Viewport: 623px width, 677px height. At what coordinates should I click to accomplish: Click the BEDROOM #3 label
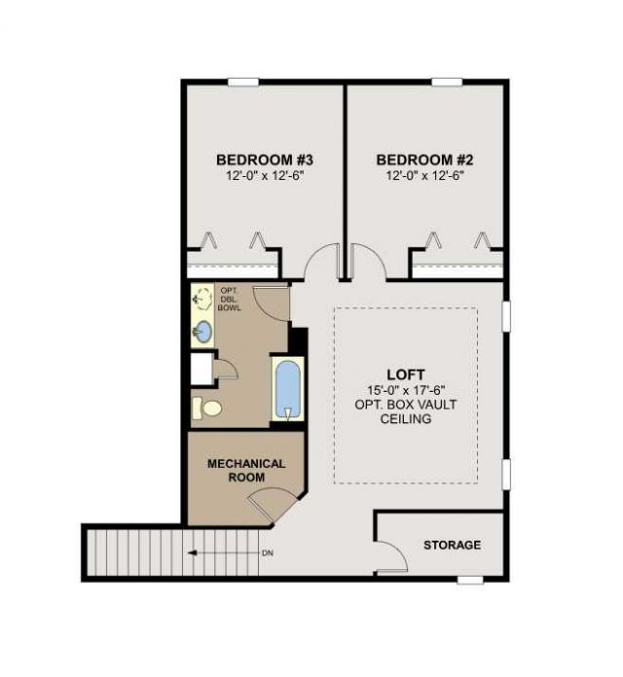tap(265, 160)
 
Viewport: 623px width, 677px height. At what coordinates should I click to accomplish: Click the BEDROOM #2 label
tap(424, 160)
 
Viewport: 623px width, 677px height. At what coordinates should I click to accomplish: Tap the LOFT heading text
tap(406, 374)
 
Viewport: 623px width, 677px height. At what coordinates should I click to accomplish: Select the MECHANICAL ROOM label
tap(246, 471)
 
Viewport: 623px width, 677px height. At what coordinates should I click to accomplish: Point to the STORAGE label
tap(452, 545)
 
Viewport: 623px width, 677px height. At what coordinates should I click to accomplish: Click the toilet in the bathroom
tap(207, 409)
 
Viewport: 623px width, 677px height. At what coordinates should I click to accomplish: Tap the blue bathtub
tap(288, 389)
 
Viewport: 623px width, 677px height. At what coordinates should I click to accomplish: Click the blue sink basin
tap(202, 332)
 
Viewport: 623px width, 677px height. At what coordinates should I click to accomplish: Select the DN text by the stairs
tap(268, 553)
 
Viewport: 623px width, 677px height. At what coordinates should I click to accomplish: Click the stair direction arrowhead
tap(193, 553)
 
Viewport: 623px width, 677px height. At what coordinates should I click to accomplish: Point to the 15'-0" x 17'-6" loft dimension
tap(406, 390)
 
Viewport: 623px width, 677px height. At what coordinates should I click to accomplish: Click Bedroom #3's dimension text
tap(266, 176)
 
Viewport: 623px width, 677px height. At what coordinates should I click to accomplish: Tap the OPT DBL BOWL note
tap(229, 300)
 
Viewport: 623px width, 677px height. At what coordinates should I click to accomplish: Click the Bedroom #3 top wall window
tap(243, 82)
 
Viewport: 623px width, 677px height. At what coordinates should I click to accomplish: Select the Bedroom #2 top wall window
tap(447, 82)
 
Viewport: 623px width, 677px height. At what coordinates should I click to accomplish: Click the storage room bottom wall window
tap(470, 580)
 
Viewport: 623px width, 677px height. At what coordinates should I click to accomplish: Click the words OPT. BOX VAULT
tap(406, 405)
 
